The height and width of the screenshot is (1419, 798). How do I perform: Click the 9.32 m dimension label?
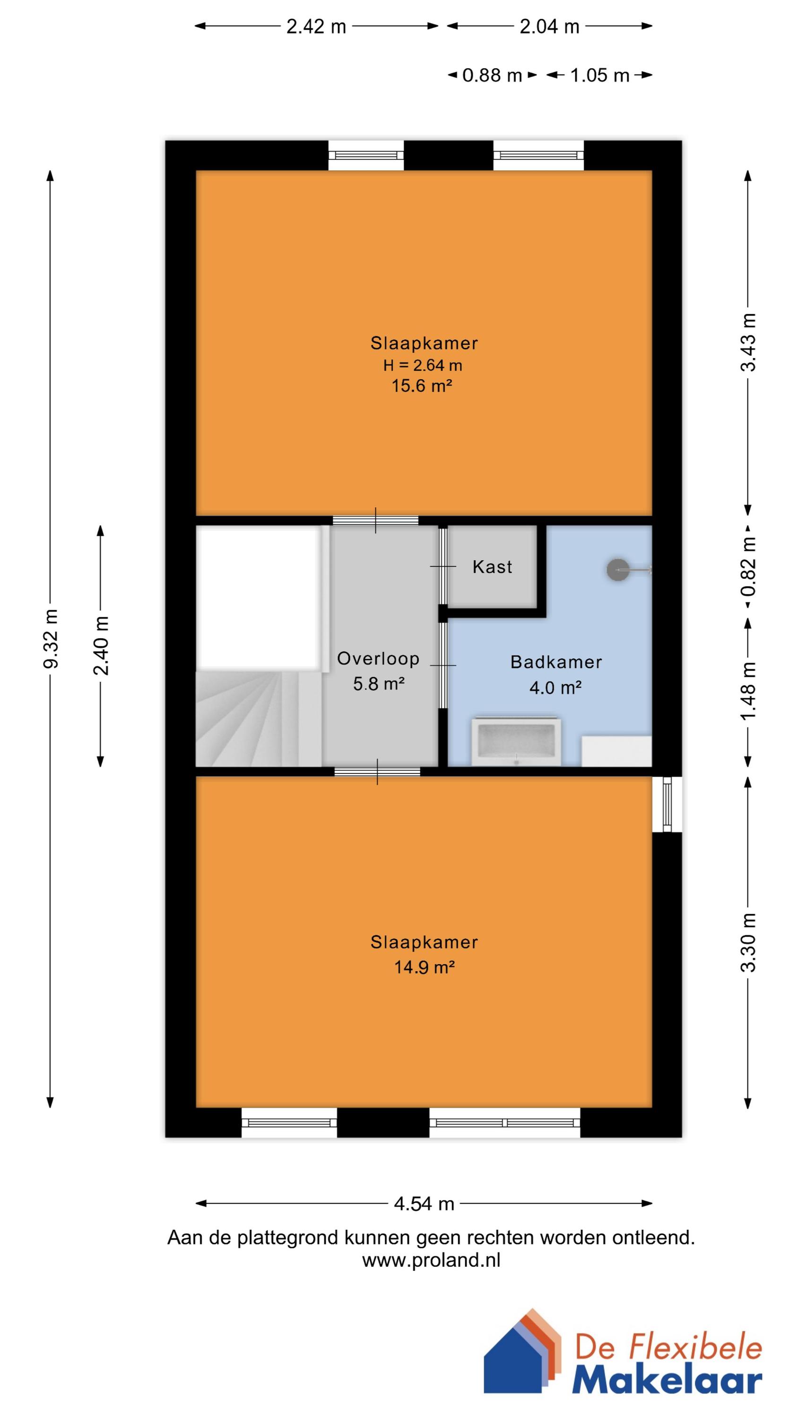(x=50, y=639)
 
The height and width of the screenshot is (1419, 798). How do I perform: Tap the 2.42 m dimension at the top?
(x=316, y=26)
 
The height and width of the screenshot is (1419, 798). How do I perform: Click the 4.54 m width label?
(x=424, y=1204)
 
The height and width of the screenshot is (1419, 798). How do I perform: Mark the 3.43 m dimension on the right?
(x=748, y=342)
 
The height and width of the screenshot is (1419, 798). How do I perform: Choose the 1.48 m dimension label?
(x=748, y=692)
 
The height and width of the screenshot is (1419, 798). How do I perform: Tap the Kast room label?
(x=492, y=567)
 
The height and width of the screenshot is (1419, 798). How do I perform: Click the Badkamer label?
(x=555, y=662)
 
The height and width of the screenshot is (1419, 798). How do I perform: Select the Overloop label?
(x=378, y=658)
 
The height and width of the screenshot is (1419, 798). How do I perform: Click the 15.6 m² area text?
(x=421, y=385)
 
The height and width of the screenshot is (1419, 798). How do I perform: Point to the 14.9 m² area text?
(x=424, y=967)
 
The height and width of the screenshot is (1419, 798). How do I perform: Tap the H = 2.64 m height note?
(x=423, y=365)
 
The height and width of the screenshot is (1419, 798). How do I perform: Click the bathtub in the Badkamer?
(x=516, y=742)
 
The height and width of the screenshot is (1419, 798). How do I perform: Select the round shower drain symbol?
(x=617, y=570)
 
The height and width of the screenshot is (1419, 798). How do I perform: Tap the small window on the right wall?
(x=667, y=804)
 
